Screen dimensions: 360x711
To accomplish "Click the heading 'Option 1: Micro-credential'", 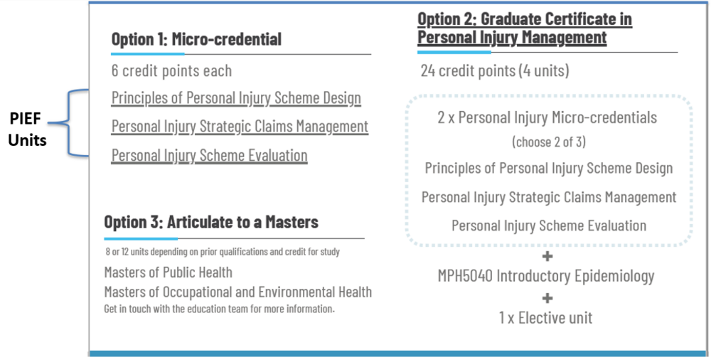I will tap(196, 39).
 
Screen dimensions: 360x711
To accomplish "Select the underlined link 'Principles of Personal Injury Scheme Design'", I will tap(236, 97).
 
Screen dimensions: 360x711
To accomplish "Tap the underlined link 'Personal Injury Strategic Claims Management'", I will tap(240, 126).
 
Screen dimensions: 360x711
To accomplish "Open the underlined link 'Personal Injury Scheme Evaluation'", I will tap(209, 155).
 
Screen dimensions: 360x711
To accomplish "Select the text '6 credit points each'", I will tap(171, 70).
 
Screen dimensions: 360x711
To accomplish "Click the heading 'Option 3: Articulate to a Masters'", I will tap(211, 222).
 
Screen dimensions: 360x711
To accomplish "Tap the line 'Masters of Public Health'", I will tap(168, 272).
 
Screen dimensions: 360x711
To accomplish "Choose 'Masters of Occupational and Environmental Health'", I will tap(237, 292).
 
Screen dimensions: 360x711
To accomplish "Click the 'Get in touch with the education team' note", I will tap(219, 309).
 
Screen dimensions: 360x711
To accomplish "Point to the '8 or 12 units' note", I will tap(222, 252).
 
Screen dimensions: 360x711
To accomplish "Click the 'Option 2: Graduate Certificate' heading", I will tap(524, 28).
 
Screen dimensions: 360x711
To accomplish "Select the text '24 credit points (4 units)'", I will tap(495, 70).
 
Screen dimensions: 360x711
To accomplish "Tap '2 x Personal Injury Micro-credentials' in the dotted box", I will tap(547, 117).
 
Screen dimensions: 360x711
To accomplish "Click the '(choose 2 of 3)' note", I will tap(548, 142).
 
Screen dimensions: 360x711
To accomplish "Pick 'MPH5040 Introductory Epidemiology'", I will tap(546, 275).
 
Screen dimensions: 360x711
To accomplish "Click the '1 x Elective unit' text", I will tap(546, 317).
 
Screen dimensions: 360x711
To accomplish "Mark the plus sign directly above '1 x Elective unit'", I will tap(547, 297).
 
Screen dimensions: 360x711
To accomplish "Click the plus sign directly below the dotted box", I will tap(547, 256).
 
